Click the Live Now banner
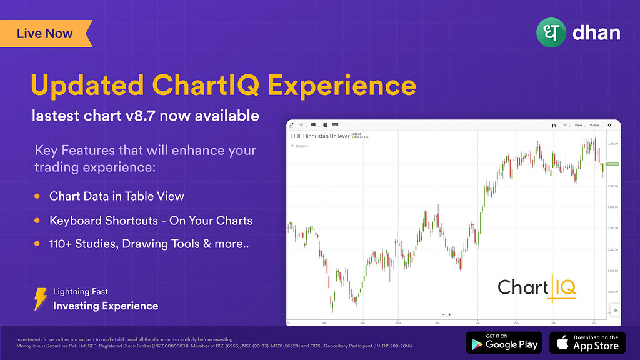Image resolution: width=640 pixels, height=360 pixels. coord(45,34)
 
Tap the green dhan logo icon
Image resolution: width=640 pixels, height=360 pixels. coord(550,32)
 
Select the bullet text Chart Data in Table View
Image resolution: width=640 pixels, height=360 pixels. coord(117,196)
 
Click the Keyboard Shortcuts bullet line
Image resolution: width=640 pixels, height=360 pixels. coord(151,221)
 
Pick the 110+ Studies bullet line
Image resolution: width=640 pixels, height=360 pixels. coord(149,244)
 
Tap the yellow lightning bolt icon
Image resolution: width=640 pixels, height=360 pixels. coord(41,299)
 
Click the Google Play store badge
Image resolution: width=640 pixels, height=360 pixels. coord(504,342)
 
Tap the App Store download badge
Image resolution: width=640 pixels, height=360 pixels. coord(587,342)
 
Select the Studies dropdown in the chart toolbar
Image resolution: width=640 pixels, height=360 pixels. coord(596,126)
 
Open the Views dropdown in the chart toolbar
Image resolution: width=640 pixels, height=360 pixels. coord(579,126)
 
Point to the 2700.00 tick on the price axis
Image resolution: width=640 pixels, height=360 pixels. coord(612,143)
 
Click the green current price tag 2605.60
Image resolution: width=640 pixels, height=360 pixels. coord(612,164)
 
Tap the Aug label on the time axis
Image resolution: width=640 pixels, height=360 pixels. coord(517,323)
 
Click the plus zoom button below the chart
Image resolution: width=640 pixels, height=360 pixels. coord(449,314)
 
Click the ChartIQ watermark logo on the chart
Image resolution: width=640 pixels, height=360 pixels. coord(537,287)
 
